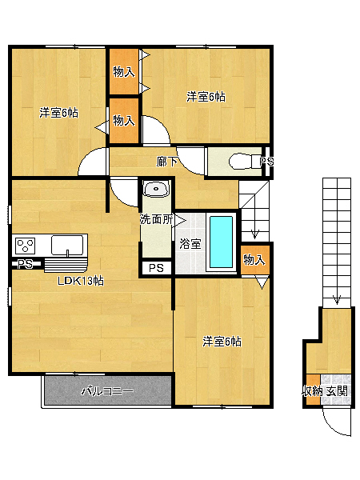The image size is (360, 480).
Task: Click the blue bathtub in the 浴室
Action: tap(221, 242)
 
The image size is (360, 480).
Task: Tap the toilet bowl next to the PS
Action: tap(242, 161)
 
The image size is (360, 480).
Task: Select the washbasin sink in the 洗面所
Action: tap(157, 189)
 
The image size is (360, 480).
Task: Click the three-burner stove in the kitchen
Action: tap(25, 246)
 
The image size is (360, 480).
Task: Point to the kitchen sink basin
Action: tap(67, 245)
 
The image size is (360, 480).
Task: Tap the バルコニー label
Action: tap(107, 391)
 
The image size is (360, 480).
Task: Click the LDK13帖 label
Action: tap(81, 281)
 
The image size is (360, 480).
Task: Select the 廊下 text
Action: tap(166, 162)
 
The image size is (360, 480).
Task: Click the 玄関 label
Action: tap(337, 391)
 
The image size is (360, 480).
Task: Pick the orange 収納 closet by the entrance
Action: tap(313, 390)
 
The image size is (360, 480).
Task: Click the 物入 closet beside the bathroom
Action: tap(255, 259)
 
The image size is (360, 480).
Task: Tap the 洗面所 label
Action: tap(156, 219)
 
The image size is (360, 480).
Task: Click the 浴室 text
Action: tap(190, 244)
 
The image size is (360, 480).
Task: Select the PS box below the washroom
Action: tap(157, 268)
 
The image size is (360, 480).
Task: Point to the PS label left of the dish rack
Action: tap(26, 263)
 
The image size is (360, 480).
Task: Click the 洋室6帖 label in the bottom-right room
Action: tap(222, 342)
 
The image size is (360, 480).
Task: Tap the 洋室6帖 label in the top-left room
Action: tap(58, 113)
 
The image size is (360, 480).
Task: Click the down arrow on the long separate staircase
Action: tap(337, 300)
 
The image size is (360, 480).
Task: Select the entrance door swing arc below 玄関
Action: tap(335, 424)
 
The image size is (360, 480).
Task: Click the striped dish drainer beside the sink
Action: tap(66, 266)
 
